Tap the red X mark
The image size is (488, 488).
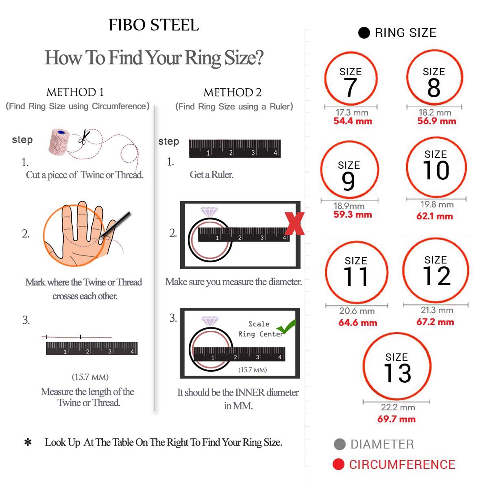pyautogui.click(x=295, y=224)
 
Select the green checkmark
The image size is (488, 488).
pyautogui.click(x=286, y=326)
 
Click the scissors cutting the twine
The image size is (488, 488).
pyautogui.click(x=84, y=137)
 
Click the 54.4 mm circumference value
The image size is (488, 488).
pyautogui.click(x=353, y=121)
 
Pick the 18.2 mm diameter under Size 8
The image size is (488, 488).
pyautogui.click(x=435, y=112)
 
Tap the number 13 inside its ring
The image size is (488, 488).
pyautogui.click(x=397, y=373)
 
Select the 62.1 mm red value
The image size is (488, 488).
pyautogui.click(x=435, y=216)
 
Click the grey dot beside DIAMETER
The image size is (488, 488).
pyautogui.click(x=339, y=444)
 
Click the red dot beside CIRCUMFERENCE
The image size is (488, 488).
pyautogui.click(x=338, y=464)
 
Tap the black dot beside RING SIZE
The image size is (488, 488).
pyautogui.click(x=364, y=33)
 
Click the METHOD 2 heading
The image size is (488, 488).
pyautogui.click(x=232, y=92)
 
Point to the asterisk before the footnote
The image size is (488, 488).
pyautogui.click(x=28, y=442)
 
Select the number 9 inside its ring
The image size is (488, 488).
pyautogui.click(x=348, y=181)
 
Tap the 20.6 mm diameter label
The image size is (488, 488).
pyautogui.click(x=357, y=311)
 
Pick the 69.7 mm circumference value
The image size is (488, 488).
pyautogui.click(x=396, y=419)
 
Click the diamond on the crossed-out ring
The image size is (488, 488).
pyautogui.click(x=209, y=212)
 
